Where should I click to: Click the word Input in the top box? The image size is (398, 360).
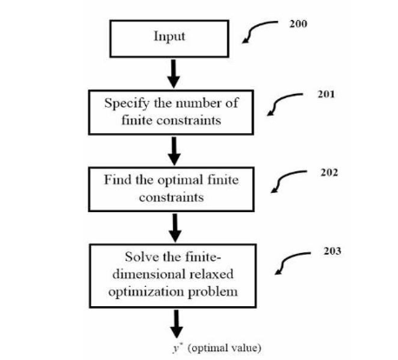pyautogui.click(x=169, y=37)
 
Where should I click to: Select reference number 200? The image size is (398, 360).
pyautogui.click(x=298, y=23)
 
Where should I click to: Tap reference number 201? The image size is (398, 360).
pyautogui.click(x=326, y=94)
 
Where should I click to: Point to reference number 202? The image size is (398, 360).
pyautogui.click(x=329, y=172)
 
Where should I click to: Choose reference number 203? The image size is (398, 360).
pyautogui.click(x=332, y=251)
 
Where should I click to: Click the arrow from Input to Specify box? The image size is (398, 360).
pyautogui.click(x=174, y=74)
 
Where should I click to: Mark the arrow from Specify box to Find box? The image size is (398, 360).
pyautogui.click(x=174, y=151)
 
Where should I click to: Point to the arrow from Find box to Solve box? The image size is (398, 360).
pyautogui.click(x=175, y=228)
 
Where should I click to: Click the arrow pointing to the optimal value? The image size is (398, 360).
pyautogui.click(x=176, y=323)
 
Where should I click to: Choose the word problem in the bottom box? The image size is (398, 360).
pyautogui.click(x=213, y=292)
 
